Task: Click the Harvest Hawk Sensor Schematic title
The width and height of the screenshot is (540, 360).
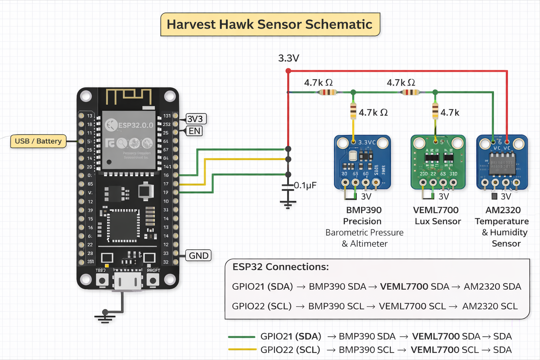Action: click(270, 25)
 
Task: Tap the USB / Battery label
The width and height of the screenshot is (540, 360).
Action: click(38, 141)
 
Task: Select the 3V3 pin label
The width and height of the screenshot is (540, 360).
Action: click(195, 119)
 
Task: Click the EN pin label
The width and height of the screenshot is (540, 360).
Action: click(194, 131)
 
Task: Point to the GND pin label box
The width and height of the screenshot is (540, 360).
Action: click(199, 256)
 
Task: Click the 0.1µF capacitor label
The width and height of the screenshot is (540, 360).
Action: click(305, 185)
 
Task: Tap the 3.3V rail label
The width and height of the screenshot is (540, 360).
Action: click(289, 58)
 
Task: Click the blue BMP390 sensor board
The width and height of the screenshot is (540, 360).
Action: click(362, 162)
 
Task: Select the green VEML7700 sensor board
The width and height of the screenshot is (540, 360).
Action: click(438, 162)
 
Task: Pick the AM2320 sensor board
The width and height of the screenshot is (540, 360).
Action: click(502, 162)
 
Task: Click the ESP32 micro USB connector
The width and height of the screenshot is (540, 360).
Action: click(128, 282)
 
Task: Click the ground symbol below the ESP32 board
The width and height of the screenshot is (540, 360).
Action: click(105, 316)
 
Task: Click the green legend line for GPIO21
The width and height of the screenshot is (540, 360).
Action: click(242, 337)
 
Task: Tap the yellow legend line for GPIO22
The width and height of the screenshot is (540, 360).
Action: click(242, 349)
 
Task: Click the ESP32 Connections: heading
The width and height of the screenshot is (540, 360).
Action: click(281, 267)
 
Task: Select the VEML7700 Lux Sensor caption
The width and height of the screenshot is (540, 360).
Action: click(437, 216)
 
